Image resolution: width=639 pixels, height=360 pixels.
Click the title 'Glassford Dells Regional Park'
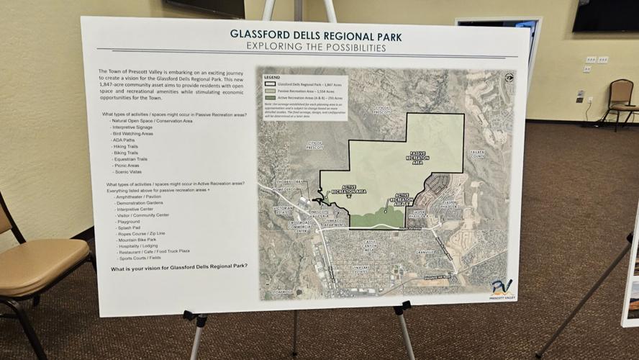click(x=316, y=35)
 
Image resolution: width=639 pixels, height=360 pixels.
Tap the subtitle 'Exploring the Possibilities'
click(x=316, y=48)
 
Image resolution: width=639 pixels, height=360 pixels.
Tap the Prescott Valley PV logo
click(x=502, y=287)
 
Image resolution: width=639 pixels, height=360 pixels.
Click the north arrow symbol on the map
click(x=509, y=78)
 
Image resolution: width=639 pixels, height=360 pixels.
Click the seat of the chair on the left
click(x=40, y=258)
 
